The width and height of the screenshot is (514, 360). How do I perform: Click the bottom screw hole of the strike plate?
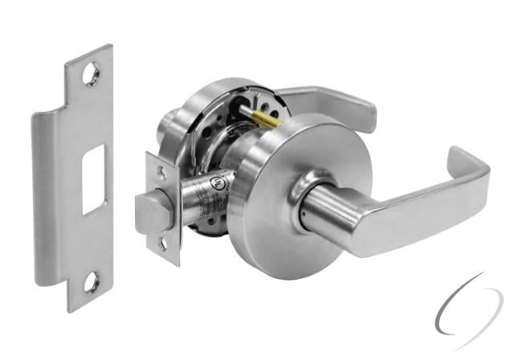pos(92,280)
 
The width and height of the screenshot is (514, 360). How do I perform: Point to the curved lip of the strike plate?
pos(47,201)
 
